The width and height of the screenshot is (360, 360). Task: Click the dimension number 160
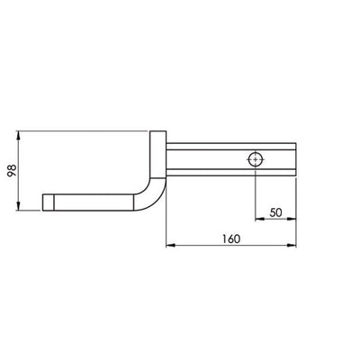tap(232, 233)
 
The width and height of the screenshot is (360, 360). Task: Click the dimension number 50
tap(275, 211)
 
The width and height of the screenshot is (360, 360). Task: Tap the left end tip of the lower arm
tap(45, 200)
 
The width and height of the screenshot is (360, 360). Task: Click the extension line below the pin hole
tap(256, 193)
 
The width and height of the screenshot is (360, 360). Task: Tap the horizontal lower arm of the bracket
tap(94, 200)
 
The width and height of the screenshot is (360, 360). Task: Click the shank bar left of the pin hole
tap(207, 159)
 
